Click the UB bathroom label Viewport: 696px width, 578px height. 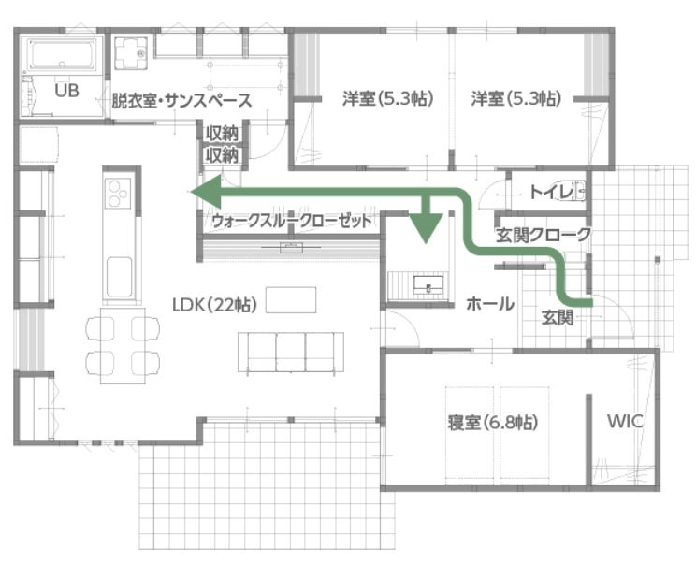click(x=66, y=91)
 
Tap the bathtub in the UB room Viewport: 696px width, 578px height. click(x=63, y=54)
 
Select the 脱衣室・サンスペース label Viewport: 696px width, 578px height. click(x=181, y=100)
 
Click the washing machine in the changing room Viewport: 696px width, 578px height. click(x=131, y=53)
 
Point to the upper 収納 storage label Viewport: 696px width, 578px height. click(x=222, y=133)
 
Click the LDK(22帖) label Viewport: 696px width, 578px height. click(x=215, y=305)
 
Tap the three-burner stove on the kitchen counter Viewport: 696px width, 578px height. click(x=119, y=193)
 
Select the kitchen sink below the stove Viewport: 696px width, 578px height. click(x=120, y=276)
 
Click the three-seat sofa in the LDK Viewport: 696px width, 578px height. click(x=291, y=352)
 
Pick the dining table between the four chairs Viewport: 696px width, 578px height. click(x=123, y=345)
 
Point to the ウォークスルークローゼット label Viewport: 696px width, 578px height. click(x=292, y=221)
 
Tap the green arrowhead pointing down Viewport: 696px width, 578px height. click(x=426, y=227)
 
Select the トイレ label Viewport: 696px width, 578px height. click(x=551, y=193)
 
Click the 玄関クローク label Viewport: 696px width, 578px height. click(x=544, y=235)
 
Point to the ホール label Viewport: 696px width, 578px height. click(x=490, y=304)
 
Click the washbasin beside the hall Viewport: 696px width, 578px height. click(x=428, y=283)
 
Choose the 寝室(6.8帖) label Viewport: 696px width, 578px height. click(x=493, y=422)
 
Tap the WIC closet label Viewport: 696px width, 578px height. click(x=626, y=421)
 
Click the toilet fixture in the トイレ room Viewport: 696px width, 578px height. click(x=580, y=192)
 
